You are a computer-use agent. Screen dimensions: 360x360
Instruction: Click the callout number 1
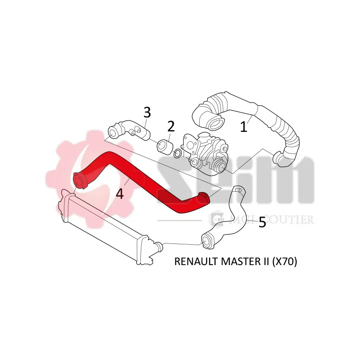(243, 126)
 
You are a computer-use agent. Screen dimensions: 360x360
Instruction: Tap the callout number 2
(171, 126)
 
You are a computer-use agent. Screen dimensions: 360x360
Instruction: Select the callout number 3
(147, 112)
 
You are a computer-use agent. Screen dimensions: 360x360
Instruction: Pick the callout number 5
(262, 222)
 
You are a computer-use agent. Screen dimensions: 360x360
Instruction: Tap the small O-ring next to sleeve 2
(177, 153)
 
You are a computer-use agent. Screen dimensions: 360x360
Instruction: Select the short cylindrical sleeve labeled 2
(164, 146)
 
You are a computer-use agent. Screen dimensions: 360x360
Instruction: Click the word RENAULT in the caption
(196, 261)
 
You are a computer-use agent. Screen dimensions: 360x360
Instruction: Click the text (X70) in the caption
(284, 261)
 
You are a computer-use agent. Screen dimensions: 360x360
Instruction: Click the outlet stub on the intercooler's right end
(158, 246)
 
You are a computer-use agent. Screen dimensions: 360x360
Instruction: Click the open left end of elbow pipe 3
(113, 133)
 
